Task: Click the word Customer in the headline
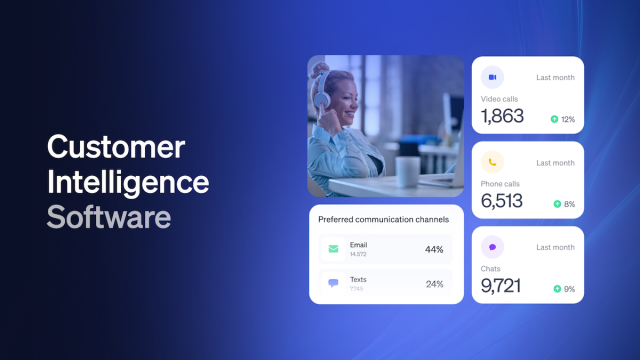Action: point(116,147)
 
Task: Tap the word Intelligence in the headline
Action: point(129,182)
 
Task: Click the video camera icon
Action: point(492,77)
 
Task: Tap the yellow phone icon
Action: point(492,162)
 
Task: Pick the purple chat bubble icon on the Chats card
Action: point(492,247)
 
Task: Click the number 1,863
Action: point(502,116)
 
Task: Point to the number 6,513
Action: point(502,201)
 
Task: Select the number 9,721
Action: point(502,287)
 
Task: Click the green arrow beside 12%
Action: point(554,119)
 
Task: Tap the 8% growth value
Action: point(569,204)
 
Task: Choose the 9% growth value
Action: point(569,289)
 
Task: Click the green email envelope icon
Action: point(332,249)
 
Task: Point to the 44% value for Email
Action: point(434,249)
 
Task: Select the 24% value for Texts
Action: point(434,284)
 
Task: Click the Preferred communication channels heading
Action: point(383,219)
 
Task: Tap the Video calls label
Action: point(500,98)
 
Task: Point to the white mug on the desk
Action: point(407,168)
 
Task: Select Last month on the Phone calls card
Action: point(555,162)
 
